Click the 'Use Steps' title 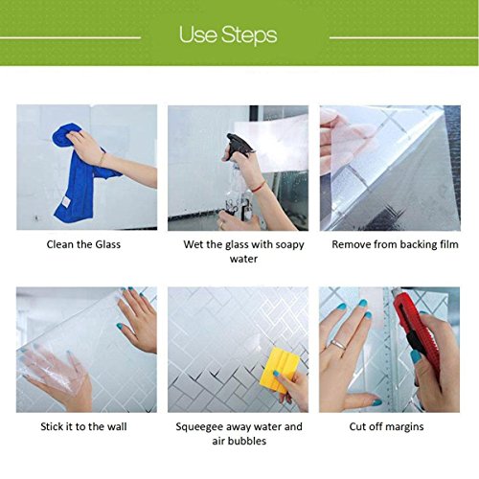(228, 34)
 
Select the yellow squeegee (279, 371)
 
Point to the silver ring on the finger (338, 344)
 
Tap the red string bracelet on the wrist (259, 187)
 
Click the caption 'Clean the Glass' (83, 244)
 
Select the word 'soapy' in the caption (289, 245)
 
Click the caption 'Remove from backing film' (395, 244)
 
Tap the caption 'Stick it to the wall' (83, 426)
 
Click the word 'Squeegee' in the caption (199, 427)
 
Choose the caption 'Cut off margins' (386, 427)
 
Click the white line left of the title (70, 37)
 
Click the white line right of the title (404, 37)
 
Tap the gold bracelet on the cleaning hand (102, 158)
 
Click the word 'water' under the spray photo (243, 259)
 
